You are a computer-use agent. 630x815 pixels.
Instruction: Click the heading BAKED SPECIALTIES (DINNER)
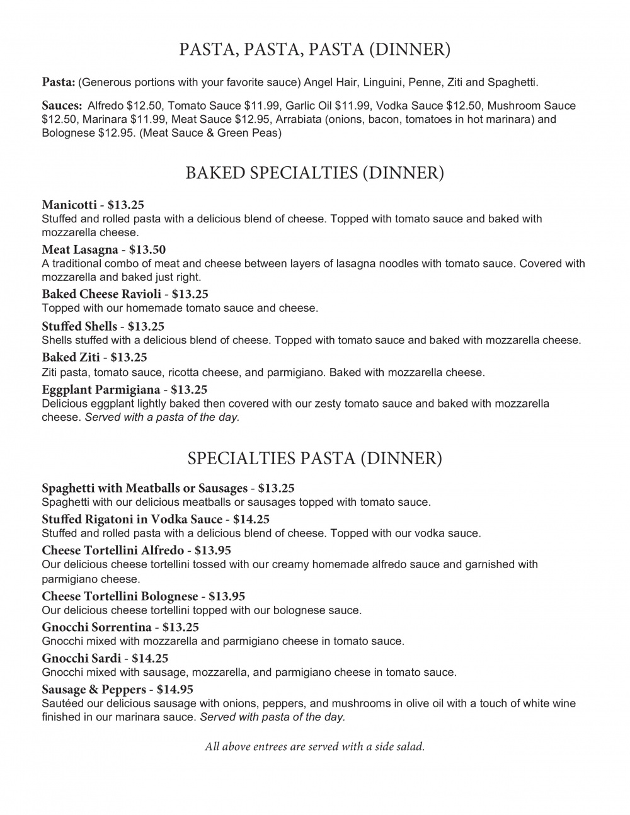[314, 173]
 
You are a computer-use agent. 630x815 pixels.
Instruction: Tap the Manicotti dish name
[69, 205]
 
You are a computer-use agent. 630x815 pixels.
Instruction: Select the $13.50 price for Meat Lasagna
[147, 249]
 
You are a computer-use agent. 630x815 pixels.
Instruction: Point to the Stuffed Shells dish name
[79, 326]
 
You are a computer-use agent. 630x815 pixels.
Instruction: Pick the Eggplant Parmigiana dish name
[101, 390]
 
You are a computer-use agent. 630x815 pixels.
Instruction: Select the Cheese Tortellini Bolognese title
[120, 596]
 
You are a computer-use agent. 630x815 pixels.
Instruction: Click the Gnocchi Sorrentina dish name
[96, 627]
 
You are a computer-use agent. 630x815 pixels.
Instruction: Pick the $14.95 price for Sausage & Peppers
[175, 689]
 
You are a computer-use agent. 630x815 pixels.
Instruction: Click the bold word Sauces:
[62, 106]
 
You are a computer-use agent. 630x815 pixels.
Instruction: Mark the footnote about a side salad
[314, 747]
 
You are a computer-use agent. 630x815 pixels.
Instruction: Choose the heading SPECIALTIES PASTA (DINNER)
[314, 458]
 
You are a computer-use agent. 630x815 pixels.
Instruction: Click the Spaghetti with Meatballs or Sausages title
[144, 488]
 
